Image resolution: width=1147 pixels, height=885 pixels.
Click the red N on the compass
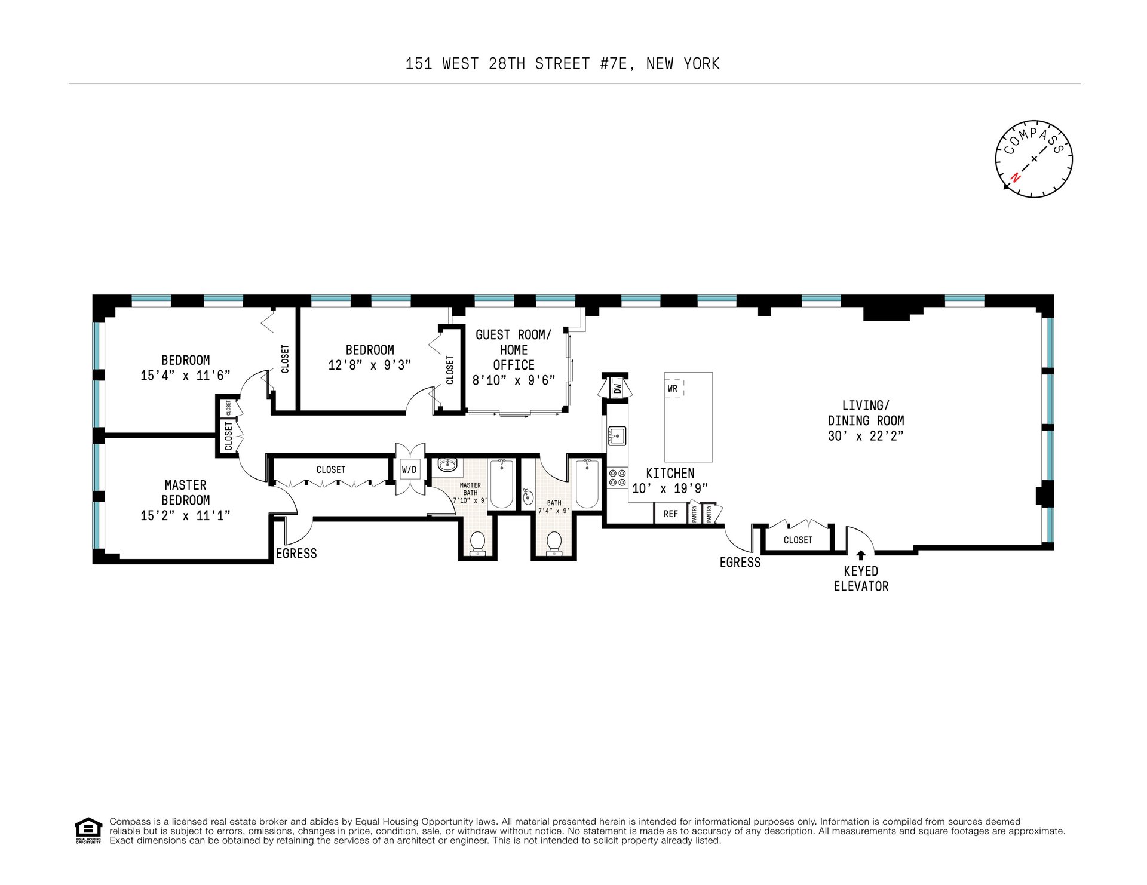point(1014,177)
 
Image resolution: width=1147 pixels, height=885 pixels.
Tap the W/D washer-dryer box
point(409,469)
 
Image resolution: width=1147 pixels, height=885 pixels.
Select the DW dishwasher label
point(618,389)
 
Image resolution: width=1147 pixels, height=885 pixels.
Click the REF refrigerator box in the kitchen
point(670,514)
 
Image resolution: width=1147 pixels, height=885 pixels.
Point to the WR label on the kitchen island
point(673,388)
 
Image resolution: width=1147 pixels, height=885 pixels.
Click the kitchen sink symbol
point(617,437)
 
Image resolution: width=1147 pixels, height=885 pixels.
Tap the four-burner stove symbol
point(617,477)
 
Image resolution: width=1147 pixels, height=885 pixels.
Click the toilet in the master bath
point(477,543)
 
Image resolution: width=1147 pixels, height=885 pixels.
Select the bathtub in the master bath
point(501,484)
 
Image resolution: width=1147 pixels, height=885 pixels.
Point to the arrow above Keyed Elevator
point(861,555)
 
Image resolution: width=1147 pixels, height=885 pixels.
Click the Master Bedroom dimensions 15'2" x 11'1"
point(185,515)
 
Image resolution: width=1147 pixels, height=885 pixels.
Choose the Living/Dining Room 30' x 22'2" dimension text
point(866,436)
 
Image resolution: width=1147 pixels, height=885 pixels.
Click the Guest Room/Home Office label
point(514,349)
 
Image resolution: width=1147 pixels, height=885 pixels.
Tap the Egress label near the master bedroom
point(296,554)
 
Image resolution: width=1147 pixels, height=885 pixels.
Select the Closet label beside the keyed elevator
point(798,540)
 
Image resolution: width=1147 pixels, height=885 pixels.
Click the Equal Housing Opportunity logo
point(88,830)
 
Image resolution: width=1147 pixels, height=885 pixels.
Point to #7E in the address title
point(614,63)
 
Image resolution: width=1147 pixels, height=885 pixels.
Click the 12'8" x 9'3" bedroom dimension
point(370,365)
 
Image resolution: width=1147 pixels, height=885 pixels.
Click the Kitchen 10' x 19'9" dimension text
point(670,488)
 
